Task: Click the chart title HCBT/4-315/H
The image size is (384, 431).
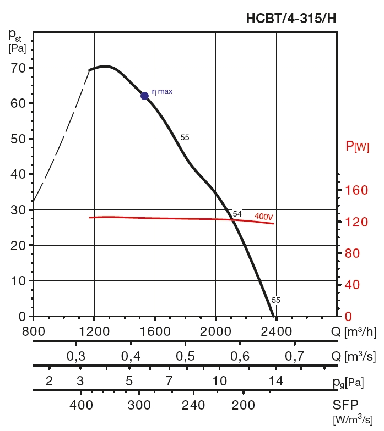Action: [x=290, y=19]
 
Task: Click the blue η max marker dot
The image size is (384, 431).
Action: [x=145, y=96]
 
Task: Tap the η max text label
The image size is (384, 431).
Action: [x=162, y=91]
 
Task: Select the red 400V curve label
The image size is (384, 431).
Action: [x=264, y=217]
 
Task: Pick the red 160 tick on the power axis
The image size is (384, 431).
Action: [x=357, y=190]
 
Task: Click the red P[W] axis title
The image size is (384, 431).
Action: [x=358, y=146]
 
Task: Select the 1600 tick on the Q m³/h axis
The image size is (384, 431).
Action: [x=155, y=332]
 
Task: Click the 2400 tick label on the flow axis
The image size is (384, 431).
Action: [x=275, y=332]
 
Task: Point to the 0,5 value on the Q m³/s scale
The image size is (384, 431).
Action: [x=185, y=356]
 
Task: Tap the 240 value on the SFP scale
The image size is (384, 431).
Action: [x=193, y=406]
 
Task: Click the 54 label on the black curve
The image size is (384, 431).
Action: [x=237, y=214]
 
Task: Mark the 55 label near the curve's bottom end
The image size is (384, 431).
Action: [x=276, y=300]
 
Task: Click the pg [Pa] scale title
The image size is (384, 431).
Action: [x=349, y=382]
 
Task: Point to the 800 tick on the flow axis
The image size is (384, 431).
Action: [x=33, y=332]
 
